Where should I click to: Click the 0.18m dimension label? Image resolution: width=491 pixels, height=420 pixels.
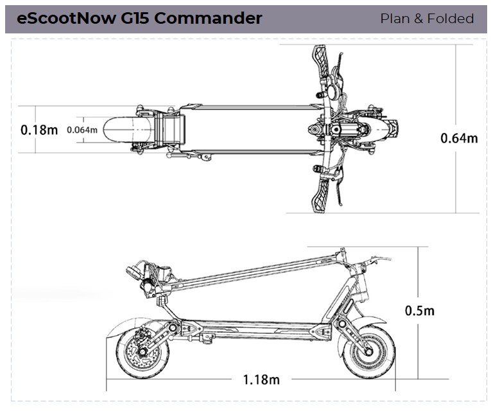point(39,129)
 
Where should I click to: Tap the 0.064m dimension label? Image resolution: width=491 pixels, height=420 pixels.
point(82,130)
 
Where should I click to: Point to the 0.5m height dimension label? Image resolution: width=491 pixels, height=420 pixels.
point(420,311)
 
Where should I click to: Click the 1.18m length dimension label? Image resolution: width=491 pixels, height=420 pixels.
point(261,380)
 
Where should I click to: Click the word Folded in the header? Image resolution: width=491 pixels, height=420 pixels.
point(451,19)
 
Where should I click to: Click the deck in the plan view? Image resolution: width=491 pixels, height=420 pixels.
point(250,129)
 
